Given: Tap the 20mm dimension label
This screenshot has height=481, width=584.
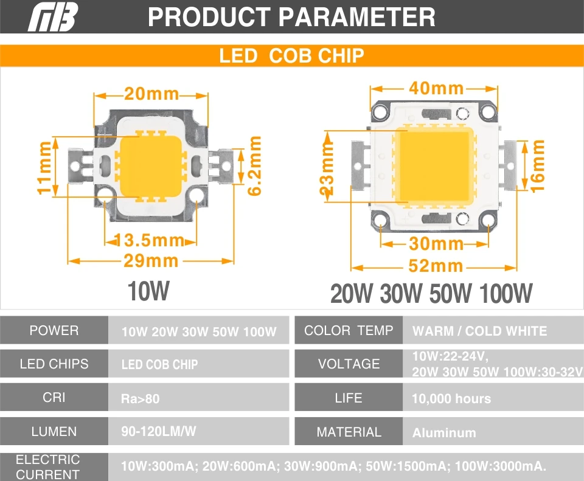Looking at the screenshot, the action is click(151, 94).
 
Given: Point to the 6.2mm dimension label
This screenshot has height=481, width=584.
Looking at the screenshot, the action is click(254, 165).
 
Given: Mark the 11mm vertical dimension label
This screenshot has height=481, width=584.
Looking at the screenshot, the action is click(44, 167).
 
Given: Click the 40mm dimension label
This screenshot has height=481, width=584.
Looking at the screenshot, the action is click(436, 88).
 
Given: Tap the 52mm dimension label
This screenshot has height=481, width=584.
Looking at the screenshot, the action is click(436, 266).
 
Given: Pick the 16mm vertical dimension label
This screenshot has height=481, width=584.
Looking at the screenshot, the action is click(537, 165).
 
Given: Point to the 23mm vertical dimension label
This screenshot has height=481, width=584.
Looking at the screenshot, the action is click(327, 168).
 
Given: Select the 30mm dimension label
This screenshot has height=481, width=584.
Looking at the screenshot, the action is click(436, 244).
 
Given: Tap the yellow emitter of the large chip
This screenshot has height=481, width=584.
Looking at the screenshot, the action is click(434, 166).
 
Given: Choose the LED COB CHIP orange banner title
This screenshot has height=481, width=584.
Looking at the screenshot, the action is click(292, 56).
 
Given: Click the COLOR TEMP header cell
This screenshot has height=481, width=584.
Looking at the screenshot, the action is click(349, 330).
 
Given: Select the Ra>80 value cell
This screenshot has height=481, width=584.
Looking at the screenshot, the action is click(198, 398).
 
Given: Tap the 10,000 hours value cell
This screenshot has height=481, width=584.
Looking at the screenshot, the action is click(493, 398).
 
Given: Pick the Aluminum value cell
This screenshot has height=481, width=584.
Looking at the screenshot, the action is click(493, 432).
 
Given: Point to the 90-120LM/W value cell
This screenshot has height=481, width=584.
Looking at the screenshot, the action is click(198, 431).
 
